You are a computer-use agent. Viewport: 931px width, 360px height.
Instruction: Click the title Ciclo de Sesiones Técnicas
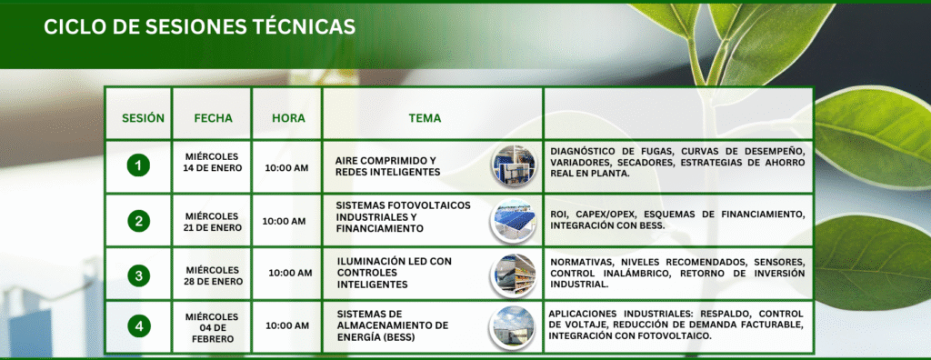(x=199, y=27)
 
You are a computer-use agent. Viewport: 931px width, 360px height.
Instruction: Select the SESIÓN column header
(x=143, y=118)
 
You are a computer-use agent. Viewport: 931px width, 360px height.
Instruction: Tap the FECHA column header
(x=213, y=118)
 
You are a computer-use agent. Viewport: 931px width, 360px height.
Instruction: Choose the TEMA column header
(x=425, y=118)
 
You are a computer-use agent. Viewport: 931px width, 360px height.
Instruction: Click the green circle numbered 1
(x=138, y=165)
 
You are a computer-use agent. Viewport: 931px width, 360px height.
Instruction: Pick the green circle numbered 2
(x=138, y=221)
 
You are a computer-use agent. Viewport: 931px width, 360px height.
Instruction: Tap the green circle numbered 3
(x=138, y=275)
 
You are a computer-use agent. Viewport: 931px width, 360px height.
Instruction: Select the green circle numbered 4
(x=138, y=325)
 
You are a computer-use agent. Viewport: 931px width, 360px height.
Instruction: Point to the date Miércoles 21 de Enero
(x=212, y=221)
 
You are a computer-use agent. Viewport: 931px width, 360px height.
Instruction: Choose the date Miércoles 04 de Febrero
(x=212, y=327)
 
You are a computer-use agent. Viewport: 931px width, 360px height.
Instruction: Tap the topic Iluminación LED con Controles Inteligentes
(x=394, y=273)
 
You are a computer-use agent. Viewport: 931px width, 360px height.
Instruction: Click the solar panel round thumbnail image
(x=513, y=221)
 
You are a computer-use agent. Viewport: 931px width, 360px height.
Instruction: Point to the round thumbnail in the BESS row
(x=513, y=326)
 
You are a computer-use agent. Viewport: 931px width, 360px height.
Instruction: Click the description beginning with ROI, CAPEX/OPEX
(x=676, y=219)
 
